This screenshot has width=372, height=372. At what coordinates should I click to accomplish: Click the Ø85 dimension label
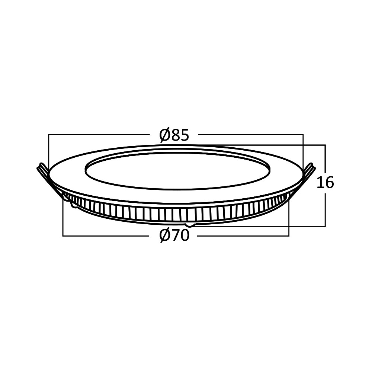174,135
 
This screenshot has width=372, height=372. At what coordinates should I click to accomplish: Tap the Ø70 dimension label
174,235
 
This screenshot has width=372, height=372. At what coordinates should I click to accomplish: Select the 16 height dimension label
325,182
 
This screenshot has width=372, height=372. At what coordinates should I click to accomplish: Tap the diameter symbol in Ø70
165,235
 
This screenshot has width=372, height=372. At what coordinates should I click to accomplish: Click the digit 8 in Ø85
175,135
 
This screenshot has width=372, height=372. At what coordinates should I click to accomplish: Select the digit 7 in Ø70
176,235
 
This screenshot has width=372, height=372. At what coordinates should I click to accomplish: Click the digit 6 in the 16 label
330,182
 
